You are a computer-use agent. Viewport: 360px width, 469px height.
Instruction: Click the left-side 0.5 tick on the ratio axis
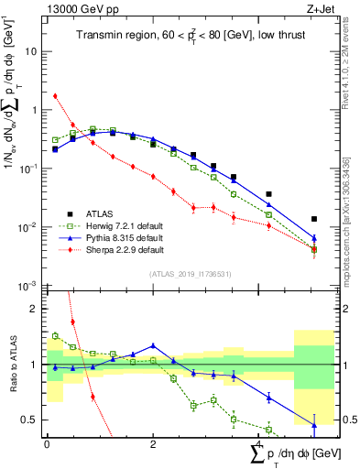pyautogui.click(x=31, y=420)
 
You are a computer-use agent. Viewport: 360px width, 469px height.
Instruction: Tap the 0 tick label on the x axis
pyautogui.click(x=47, y=444)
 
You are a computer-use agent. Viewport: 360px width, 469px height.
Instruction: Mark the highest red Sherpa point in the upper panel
pyautogui.click(x=55, y=95)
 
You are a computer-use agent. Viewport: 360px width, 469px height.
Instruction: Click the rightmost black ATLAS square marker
pyautogui.click(x=314, y=219)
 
